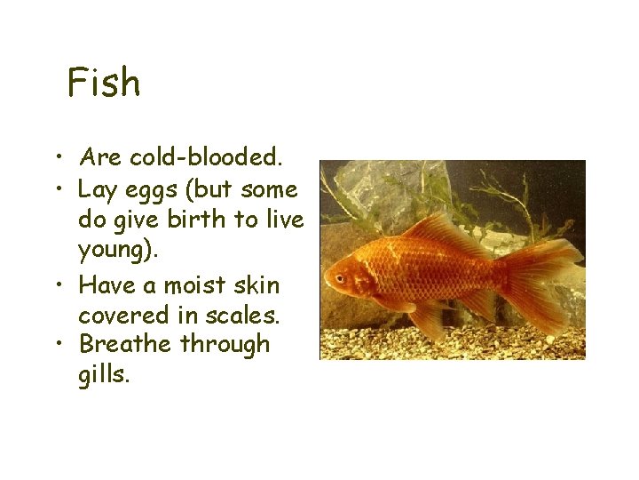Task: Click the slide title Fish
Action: pos(104,83)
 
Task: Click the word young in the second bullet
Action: pos(114,249)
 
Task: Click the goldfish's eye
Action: pos(341,278)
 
